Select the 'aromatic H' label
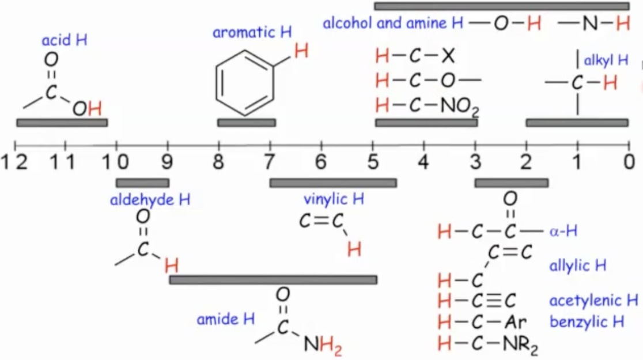click(x=252, y=32)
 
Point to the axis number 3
click(x=475, y=163)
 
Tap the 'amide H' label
click(x=226, y=319)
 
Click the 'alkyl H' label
click(x=606, y=60)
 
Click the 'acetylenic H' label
click(x=593, y=300)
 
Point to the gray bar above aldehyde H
click(x=142, y=183)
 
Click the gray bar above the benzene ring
click(x=247, y=122)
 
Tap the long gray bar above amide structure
click(x=273, y=279)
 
